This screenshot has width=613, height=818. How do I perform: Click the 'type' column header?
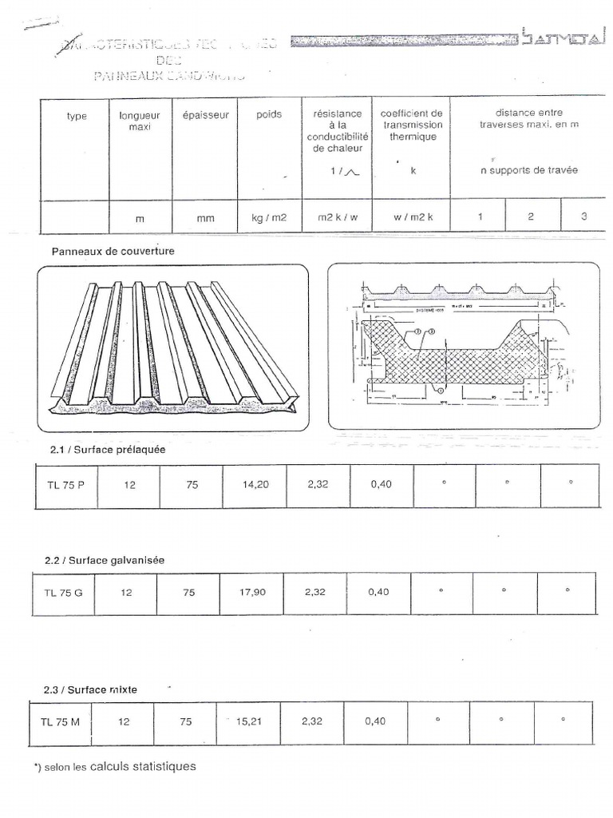point(77,116)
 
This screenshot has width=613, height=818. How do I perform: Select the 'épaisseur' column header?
point(205,115)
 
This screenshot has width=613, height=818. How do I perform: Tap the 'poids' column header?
point(269,115)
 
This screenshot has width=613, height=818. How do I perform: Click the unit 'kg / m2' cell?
point(269,217)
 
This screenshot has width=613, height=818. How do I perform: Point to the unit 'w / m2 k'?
point(411,217)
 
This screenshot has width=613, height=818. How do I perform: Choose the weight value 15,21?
point(249,721)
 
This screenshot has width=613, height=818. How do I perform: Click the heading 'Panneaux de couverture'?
point(113,251)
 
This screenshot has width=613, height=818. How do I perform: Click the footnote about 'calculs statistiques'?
point(116,767)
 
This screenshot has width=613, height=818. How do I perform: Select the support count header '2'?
point(531,217)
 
